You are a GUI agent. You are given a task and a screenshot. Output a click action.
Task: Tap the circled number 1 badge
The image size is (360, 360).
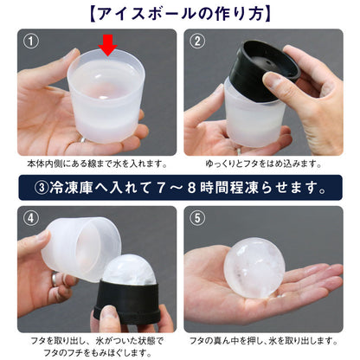pos(32,41)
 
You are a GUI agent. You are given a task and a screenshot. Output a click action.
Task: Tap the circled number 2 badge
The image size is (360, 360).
pos(198,41)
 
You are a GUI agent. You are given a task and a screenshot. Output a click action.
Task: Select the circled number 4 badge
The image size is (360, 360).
pos(32,218)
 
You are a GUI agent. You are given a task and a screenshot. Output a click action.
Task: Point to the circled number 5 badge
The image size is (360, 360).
pos(198,218)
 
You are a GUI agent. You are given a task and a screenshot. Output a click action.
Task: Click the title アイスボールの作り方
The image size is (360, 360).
pos(180,13)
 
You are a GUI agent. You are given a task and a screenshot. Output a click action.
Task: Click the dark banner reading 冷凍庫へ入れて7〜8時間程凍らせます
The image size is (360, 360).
pos(180,186)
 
